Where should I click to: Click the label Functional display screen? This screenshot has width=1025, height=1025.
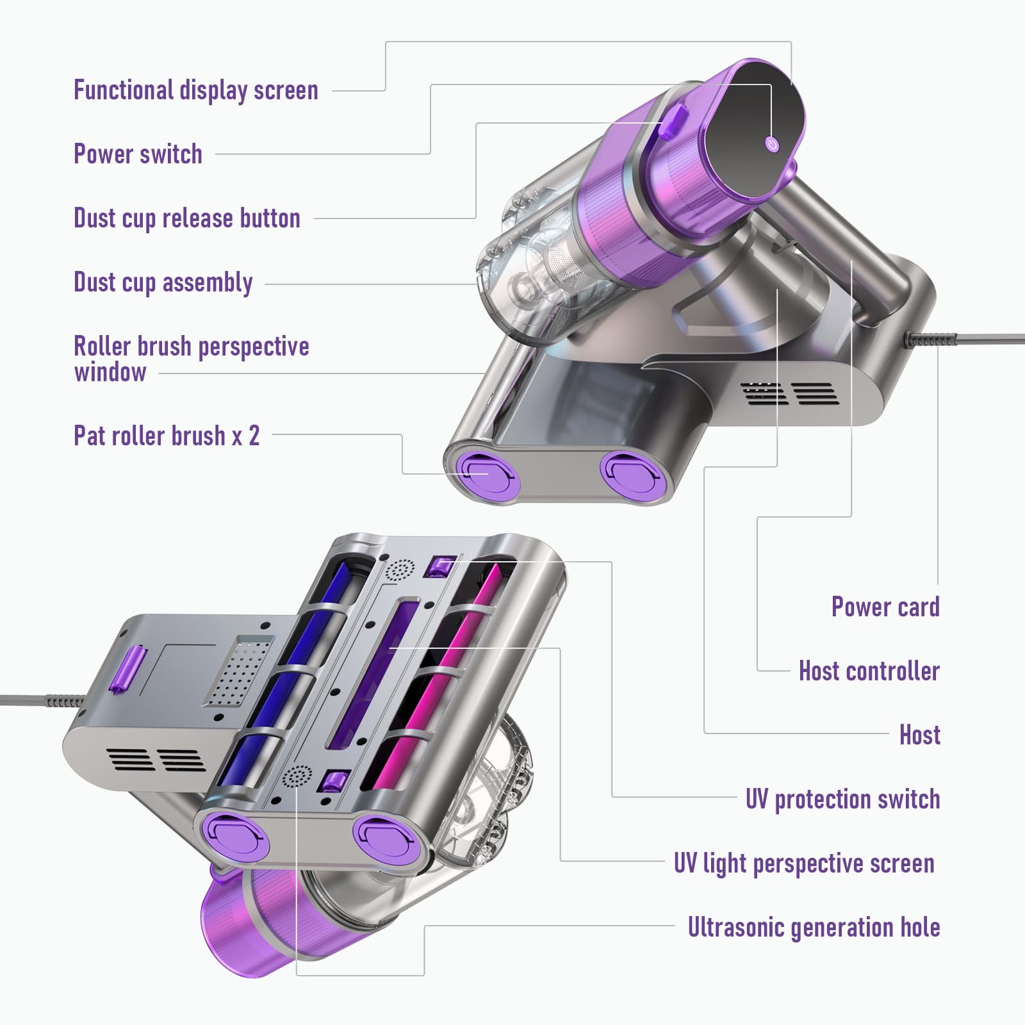[195, 90]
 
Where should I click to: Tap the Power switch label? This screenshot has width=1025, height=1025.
[138, 154]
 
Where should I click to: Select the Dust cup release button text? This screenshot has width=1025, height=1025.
[186, 218]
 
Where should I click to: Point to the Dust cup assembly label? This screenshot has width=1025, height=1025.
[163, 283]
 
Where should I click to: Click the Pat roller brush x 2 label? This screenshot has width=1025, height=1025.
[167, 436]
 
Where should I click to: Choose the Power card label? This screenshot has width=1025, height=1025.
[885, 607]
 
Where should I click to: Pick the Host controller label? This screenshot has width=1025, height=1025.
[869, 671]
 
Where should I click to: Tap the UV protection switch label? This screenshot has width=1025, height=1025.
[842, 799]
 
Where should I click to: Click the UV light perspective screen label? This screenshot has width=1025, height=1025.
[804, 864]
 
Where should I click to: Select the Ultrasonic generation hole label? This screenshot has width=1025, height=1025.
[814, 928]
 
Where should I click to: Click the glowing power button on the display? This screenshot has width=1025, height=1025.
[773, 144]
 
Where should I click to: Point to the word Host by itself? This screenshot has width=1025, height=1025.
[919, 735]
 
